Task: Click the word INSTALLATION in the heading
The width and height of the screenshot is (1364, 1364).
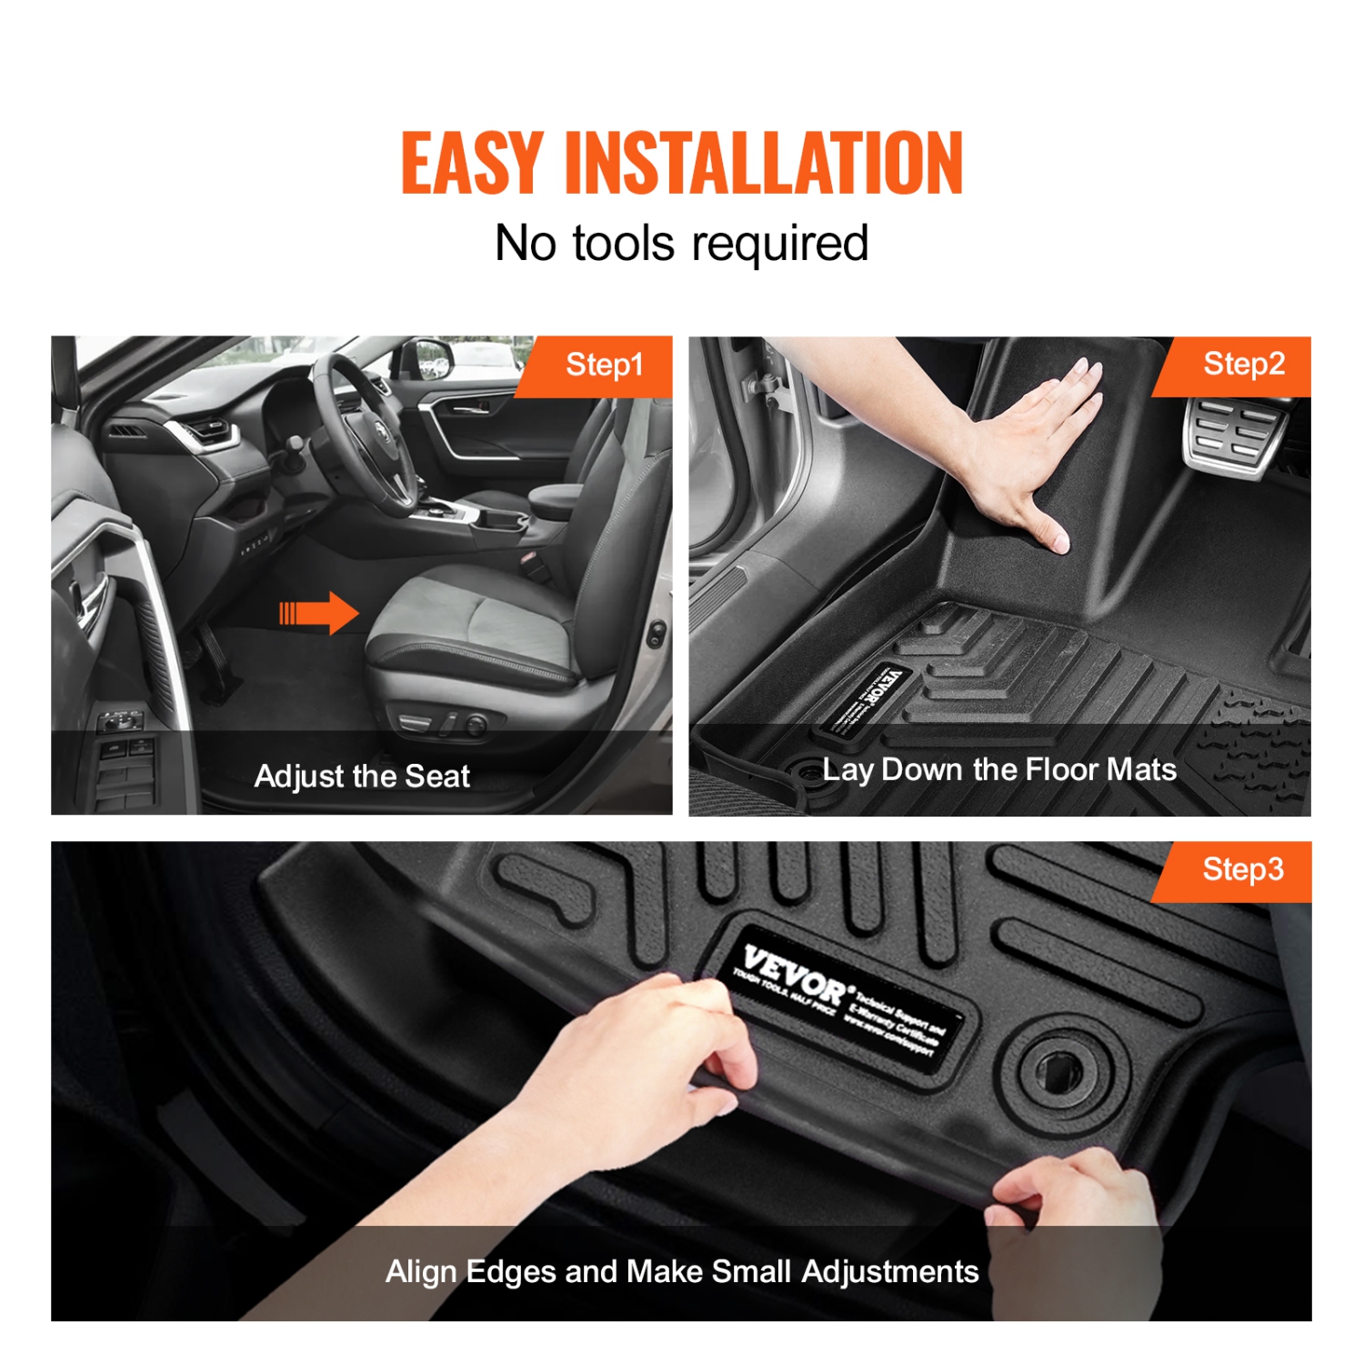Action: click(763, 163)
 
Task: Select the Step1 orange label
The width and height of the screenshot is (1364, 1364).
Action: click(603, 366)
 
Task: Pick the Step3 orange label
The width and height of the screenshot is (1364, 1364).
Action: click(1242, 870)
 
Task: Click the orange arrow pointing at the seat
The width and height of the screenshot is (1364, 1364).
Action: click(319, 613)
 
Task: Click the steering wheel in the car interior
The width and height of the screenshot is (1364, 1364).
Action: click(364, 427)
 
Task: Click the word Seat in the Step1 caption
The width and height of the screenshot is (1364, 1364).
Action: click(437, 777)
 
